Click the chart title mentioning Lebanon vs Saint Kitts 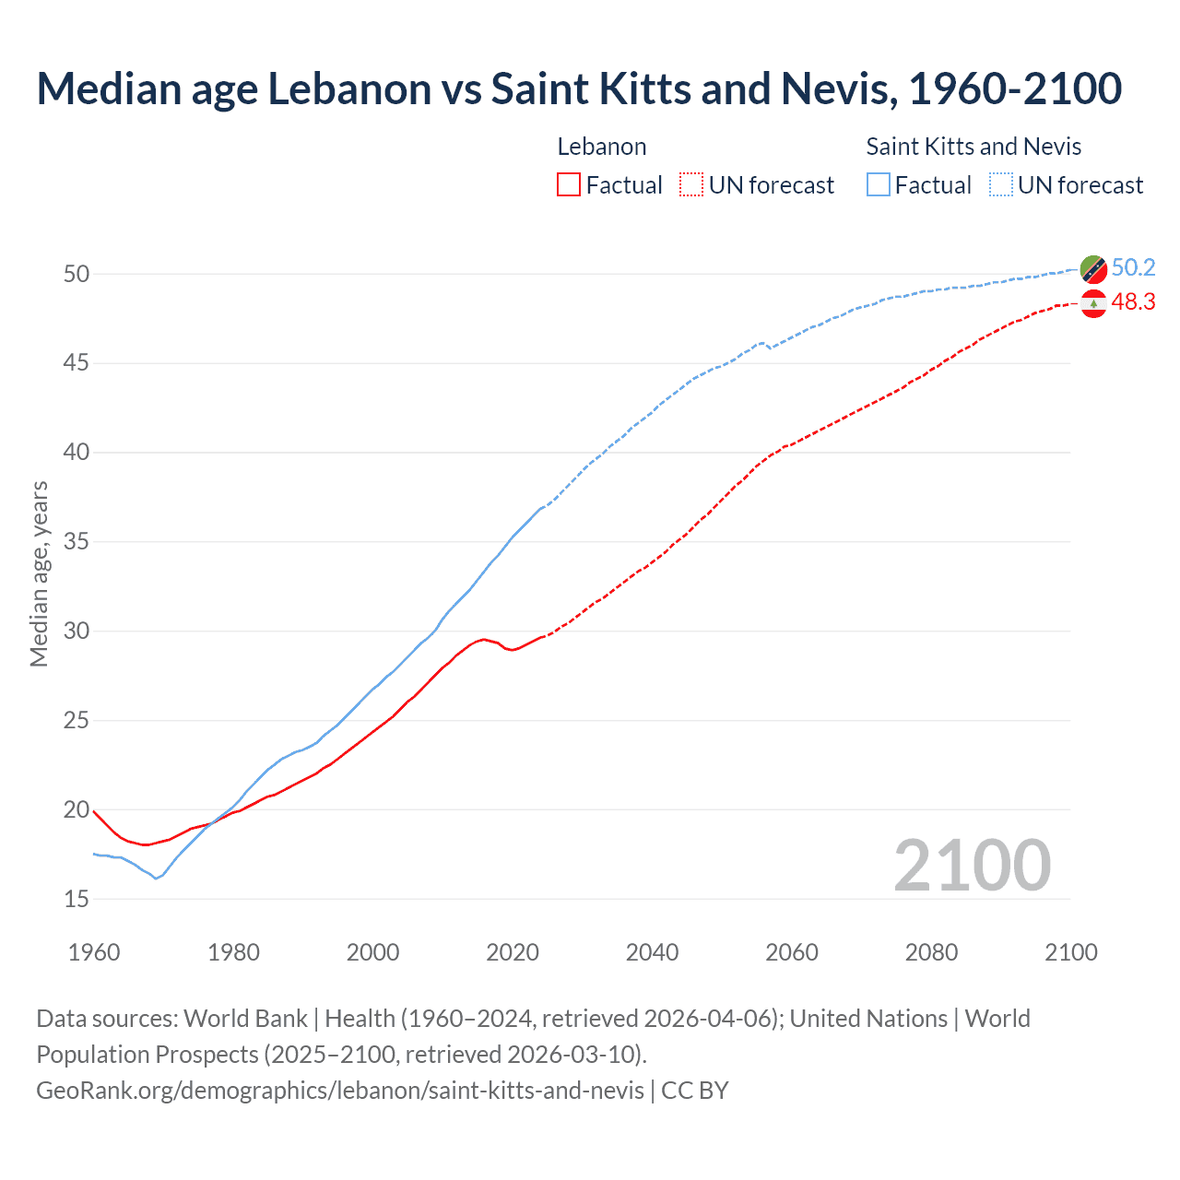point(579,88)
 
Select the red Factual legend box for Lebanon point(569,185)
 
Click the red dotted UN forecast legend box point(691,185)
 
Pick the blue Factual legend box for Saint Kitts point(879,185)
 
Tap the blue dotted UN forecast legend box point(1001,185)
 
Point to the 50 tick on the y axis point(77,274)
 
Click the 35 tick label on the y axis point(77,541)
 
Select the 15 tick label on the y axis point(77,899)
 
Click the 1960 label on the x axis point(94,952)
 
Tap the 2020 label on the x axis point(513,952)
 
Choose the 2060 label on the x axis point(792,952)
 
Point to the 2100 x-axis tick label point(1071,952)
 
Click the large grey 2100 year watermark point(973,865)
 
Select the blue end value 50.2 point(1133,268)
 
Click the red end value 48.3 point(1133,302)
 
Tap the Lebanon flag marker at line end point(1093,303)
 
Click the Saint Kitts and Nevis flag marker point(1093,269)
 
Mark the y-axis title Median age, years point(39,573)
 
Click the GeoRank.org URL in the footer point(340,1091)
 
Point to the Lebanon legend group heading point(602,147)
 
